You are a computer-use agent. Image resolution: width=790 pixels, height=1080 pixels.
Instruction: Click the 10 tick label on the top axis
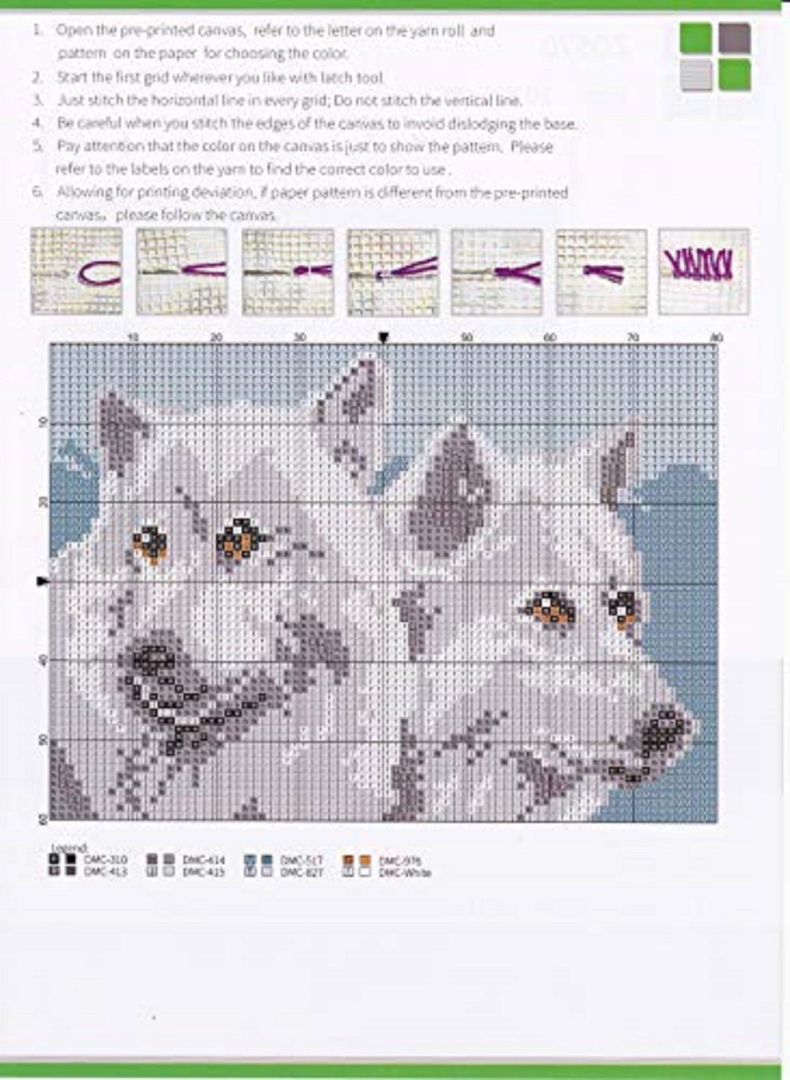[133, 337]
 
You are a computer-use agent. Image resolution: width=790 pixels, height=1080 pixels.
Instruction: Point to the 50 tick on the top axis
[467, 337]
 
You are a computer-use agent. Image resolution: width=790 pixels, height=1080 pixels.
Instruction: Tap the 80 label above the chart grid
[716, 337]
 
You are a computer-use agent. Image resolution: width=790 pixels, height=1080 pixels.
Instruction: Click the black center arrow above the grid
[384, 337]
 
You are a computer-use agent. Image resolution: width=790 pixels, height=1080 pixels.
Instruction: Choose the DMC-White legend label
[405, 872]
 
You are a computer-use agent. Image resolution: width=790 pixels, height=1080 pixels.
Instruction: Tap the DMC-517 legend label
[301, 860]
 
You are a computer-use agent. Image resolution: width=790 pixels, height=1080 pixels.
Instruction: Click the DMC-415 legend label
[204, 872]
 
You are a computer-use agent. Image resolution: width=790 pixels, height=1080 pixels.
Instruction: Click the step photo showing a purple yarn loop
[77, 271]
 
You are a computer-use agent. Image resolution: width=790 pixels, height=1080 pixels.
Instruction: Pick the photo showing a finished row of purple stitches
[703, 271]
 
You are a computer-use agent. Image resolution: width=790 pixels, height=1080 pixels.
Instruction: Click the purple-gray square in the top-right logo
[735, 38]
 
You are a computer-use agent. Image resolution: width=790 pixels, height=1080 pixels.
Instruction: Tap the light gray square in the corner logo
[696, 76]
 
